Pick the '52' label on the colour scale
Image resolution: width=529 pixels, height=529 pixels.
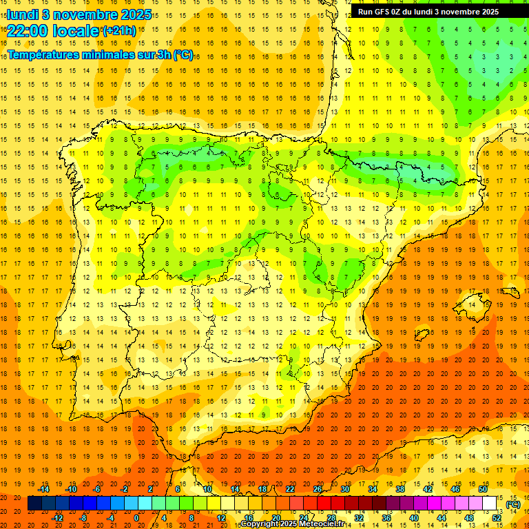coord(497,518)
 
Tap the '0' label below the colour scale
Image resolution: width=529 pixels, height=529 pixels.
coord(136,518)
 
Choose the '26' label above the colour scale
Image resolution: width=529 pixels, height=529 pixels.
coord(318,489)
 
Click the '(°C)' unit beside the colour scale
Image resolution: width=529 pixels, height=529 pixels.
coord(513,505)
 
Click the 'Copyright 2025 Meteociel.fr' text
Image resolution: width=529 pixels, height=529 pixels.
coord(292,524)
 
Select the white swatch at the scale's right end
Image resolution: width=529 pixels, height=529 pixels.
coord(490,504)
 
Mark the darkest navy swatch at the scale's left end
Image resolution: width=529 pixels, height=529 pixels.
coord(34,504)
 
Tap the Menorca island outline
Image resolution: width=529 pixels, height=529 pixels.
coord(510,292)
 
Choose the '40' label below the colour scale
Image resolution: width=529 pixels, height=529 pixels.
coord(414,518)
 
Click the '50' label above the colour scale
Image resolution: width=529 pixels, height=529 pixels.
coord(483,489)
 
